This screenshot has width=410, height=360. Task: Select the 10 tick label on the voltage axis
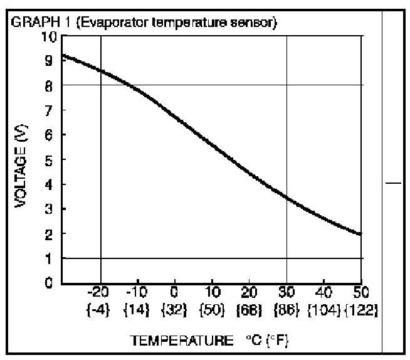[50, 37]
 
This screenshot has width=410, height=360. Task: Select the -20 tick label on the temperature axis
[100, 293]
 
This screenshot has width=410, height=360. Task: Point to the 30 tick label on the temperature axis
[287, 293]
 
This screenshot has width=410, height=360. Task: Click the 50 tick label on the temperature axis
[361, 293]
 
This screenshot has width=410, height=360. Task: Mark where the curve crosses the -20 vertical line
[101, 70]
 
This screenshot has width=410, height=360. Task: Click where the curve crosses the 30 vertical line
[287, 198]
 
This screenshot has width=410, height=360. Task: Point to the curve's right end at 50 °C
[361, 235]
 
